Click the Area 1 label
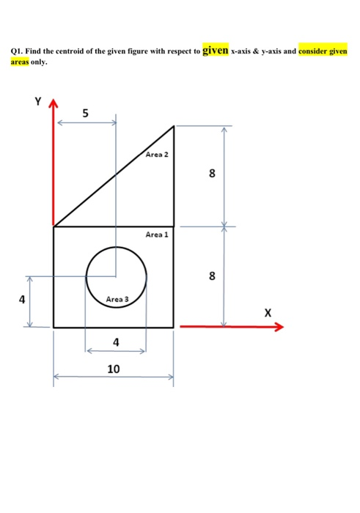[x=157, y=235]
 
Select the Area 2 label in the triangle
[x=157, y=155]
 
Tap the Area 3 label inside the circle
[x=117, y=299]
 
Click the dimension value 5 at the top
[x=86, y=114]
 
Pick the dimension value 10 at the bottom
[x=113, y=368]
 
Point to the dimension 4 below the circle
[x=115, y=342]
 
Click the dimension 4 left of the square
[x=22, y=300]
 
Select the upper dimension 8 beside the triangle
[x=212, y=174]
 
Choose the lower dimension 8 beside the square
[x=212, y=276]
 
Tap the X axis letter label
[x=268, y=313]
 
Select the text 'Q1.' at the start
[x=18, y=53]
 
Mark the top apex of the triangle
[x=174, y=126]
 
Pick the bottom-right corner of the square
[x=174, y=328]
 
